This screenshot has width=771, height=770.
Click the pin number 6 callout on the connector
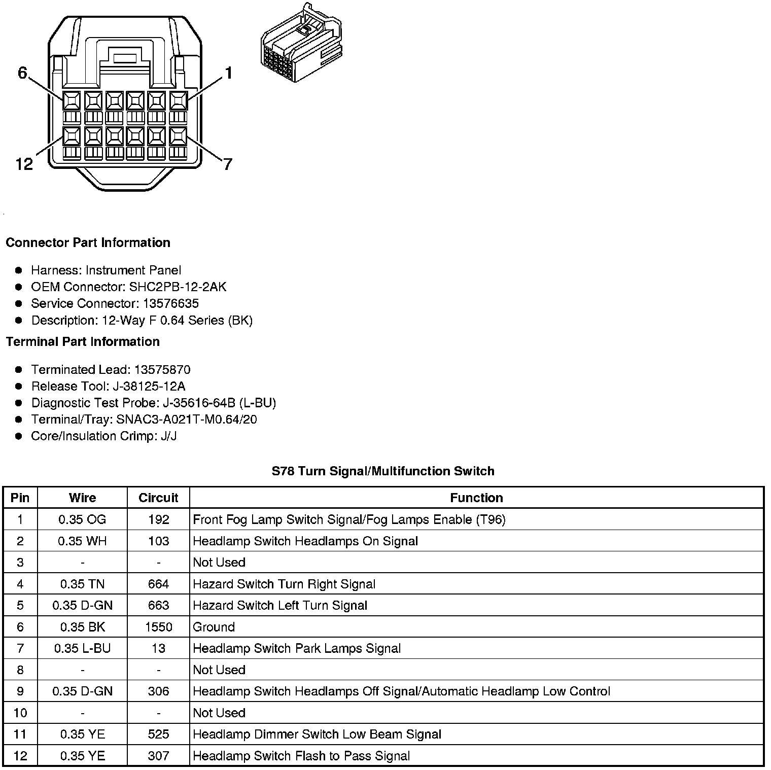click(x=22, y=73)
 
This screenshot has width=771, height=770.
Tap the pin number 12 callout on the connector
click(x=24, y=164)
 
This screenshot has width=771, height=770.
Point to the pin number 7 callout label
click(x=228, y=164)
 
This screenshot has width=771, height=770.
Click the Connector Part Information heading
click(x=88, y=242)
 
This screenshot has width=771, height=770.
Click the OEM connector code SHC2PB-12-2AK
click(x=178, y=287)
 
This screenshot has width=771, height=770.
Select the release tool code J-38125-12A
click(x=149, y=386)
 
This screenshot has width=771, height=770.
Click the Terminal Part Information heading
click(x=83, y=341)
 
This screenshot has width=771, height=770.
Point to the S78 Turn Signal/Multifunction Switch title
click(x=383, y=471)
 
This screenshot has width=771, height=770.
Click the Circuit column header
click(x=158, y=498)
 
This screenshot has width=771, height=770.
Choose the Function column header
click(x=476, y=498)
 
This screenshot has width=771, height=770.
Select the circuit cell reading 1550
click(x=158, y=627)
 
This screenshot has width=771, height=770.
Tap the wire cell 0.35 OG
click(x=82, y=519)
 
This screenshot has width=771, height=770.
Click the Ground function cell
click(x=214, y=627)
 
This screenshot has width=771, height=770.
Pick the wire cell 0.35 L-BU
click(x=82, y=648)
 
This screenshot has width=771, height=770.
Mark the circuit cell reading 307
click(x=158, y=756)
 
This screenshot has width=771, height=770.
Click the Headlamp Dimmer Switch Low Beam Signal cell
click(x=317, y=734)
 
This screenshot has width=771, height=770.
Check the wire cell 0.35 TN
click(x=82, y=584)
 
